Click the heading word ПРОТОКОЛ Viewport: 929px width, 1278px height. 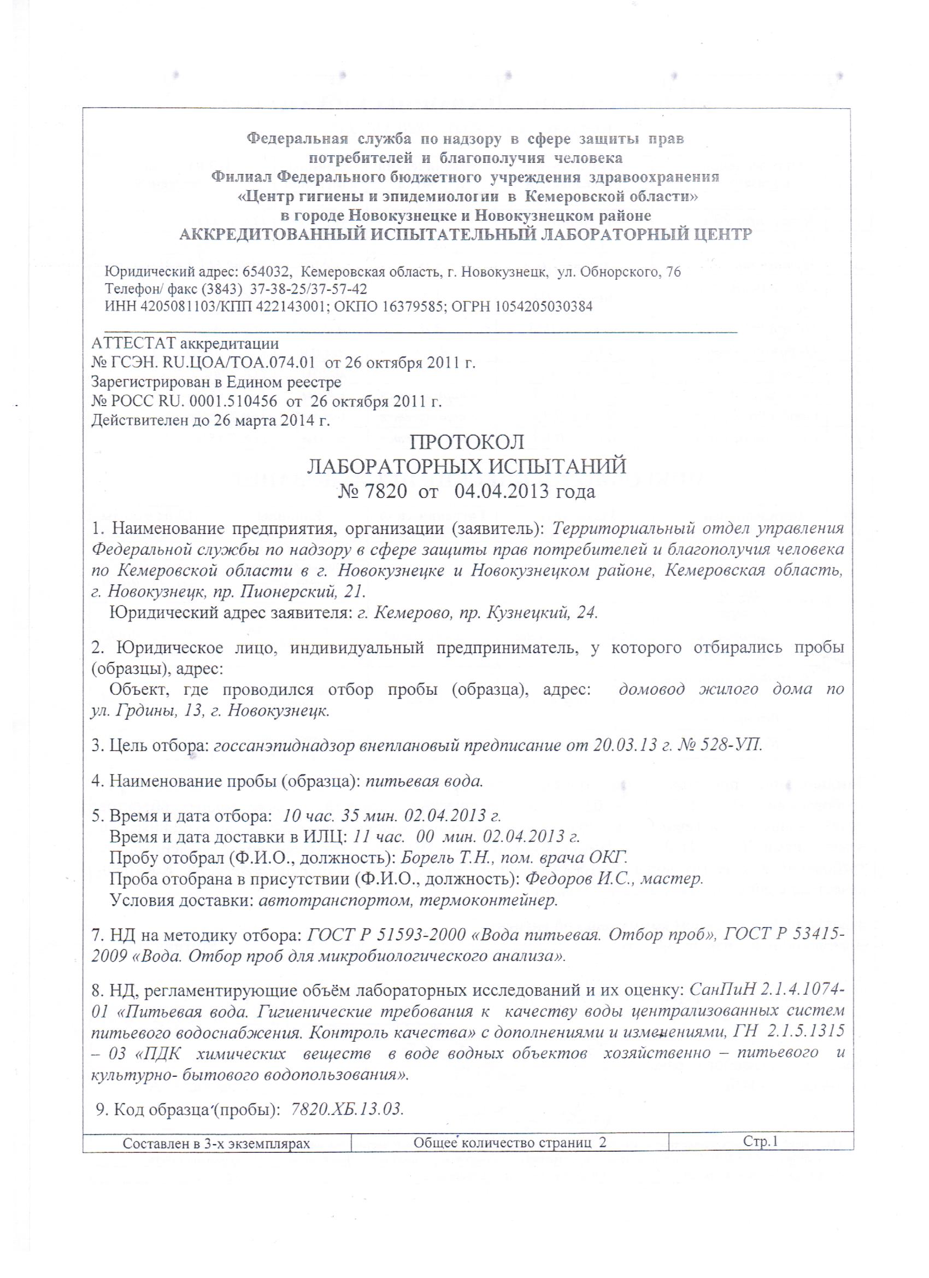467,442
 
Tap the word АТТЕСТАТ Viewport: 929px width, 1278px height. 132,343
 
